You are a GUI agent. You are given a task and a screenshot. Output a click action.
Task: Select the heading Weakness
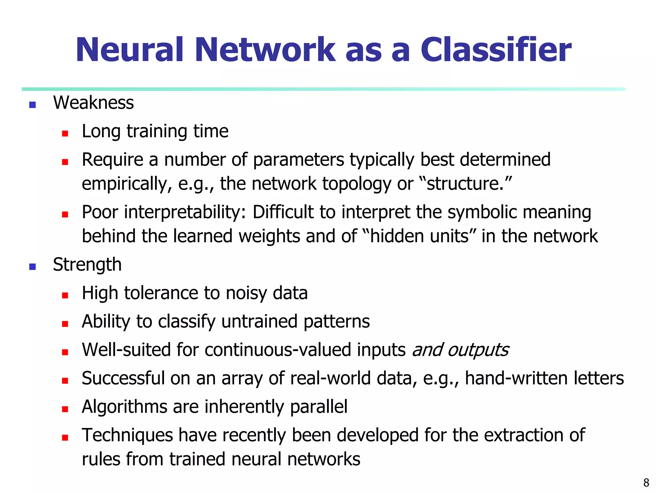click(x=93, y=103)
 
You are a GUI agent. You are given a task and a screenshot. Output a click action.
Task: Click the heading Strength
click(x=87, y=265)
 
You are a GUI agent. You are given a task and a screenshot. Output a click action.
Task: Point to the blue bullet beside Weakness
click(x=32, y=105)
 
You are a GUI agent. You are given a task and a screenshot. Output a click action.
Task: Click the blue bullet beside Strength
click(x=32, y=266)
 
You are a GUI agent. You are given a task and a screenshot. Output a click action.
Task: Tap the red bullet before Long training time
click(x=65, y=133)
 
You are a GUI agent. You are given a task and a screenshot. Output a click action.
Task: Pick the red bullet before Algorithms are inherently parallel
click(x=65, y=409)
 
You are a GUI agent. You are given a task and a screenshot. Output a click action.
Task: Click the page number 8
click(x=646, y=482)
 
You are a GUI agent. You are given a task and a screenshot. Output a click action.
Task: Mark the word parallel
click(x=318, y=407)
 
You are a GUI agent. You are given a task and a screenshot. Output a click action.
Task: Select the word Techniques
click(x=127, y=436)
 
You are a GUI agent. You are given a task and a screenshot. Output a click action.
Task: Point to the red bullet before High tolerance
click(x=65, y=295)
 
